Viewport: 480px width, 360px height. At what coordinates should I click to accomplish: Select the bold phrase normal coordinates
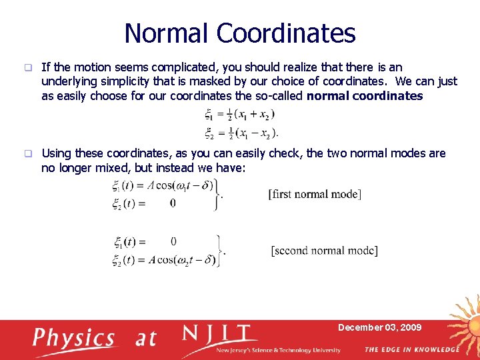[365, 96]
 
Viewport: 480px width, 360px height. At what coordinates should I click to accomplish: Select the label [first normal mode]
[315, 194]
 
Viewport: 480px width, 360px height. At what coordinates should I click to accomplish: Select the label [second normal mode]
[324, 251]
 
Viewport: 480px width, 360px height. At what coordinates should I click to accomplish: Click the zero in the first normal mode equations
[173, 203]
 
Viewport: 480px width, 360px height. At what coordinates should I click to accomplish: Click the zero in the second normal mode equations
[173, 241]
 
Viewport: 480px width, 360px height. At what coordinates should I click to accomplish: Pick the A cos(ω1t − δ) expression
[181, 185]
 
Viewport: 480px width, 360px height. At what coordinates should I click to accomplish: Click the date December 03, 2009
[379, 327]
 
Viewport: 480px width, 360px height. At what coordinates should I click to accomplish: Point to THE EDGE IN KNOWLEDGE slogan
[411, 349]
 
